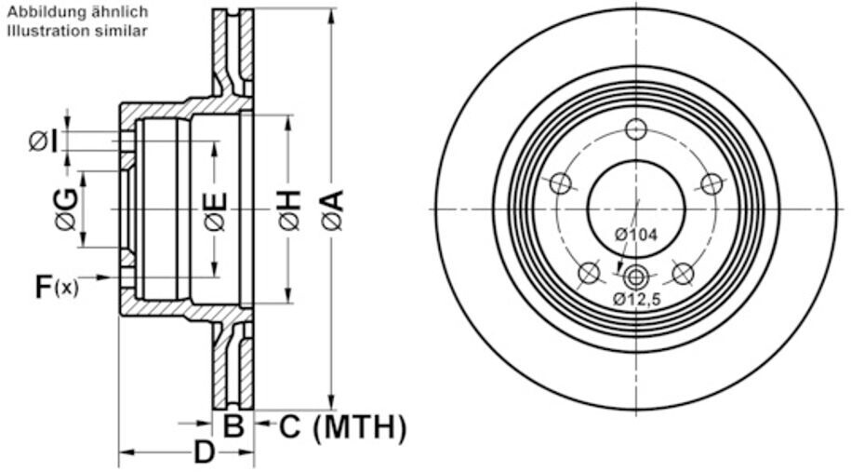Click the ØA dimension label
click(333, 209)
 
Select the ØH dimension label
click(290, 209)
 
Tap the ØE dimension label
click(216, 211)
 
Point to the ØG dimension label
click(66, 209)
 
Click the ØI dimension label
click(44, 142)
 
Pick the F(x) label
click(57, 287)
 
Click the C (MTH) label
click(342, 427)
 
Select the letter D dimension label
click(204, 452)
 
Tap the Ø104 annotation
click(636, 235)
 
